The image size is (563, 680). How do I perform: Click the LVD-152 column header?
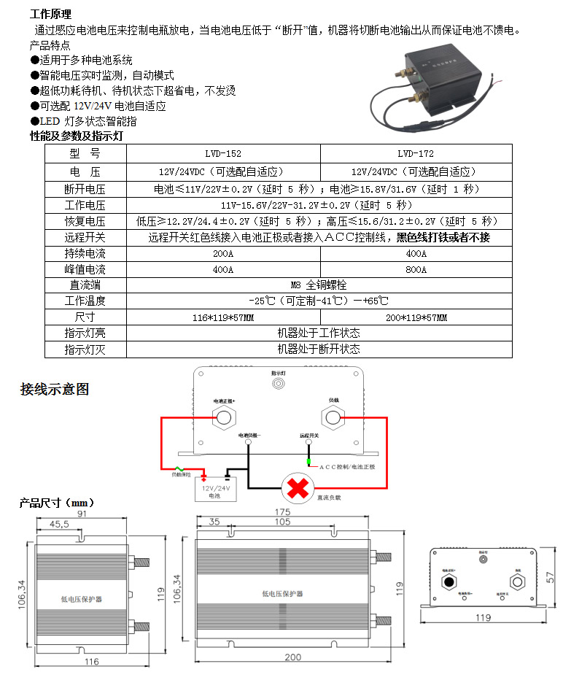pos(223,154)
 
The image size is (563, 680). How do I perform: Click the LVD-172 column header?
pos(416,154)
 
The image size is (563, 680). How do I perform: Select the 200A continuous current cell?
pos(223,254)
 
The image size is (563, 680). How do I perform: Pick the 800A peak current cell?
pos(416,269)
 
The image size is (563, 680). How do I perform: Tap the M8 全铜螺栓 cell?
pos(319,285)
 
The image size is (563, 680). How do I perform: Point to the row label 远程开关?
pos(85,237)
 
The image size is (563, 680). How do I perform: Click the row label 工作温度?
pos(85,301)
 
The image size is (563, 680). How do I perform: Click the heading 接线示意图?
pos(55,389)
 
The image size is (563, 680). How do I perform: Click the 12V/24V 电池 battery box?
pos(214,491)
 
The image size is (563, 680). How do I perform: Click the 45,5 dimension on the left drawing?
pos(60,524)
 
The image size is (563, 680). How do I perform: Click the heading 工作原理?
pos(50,15)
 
